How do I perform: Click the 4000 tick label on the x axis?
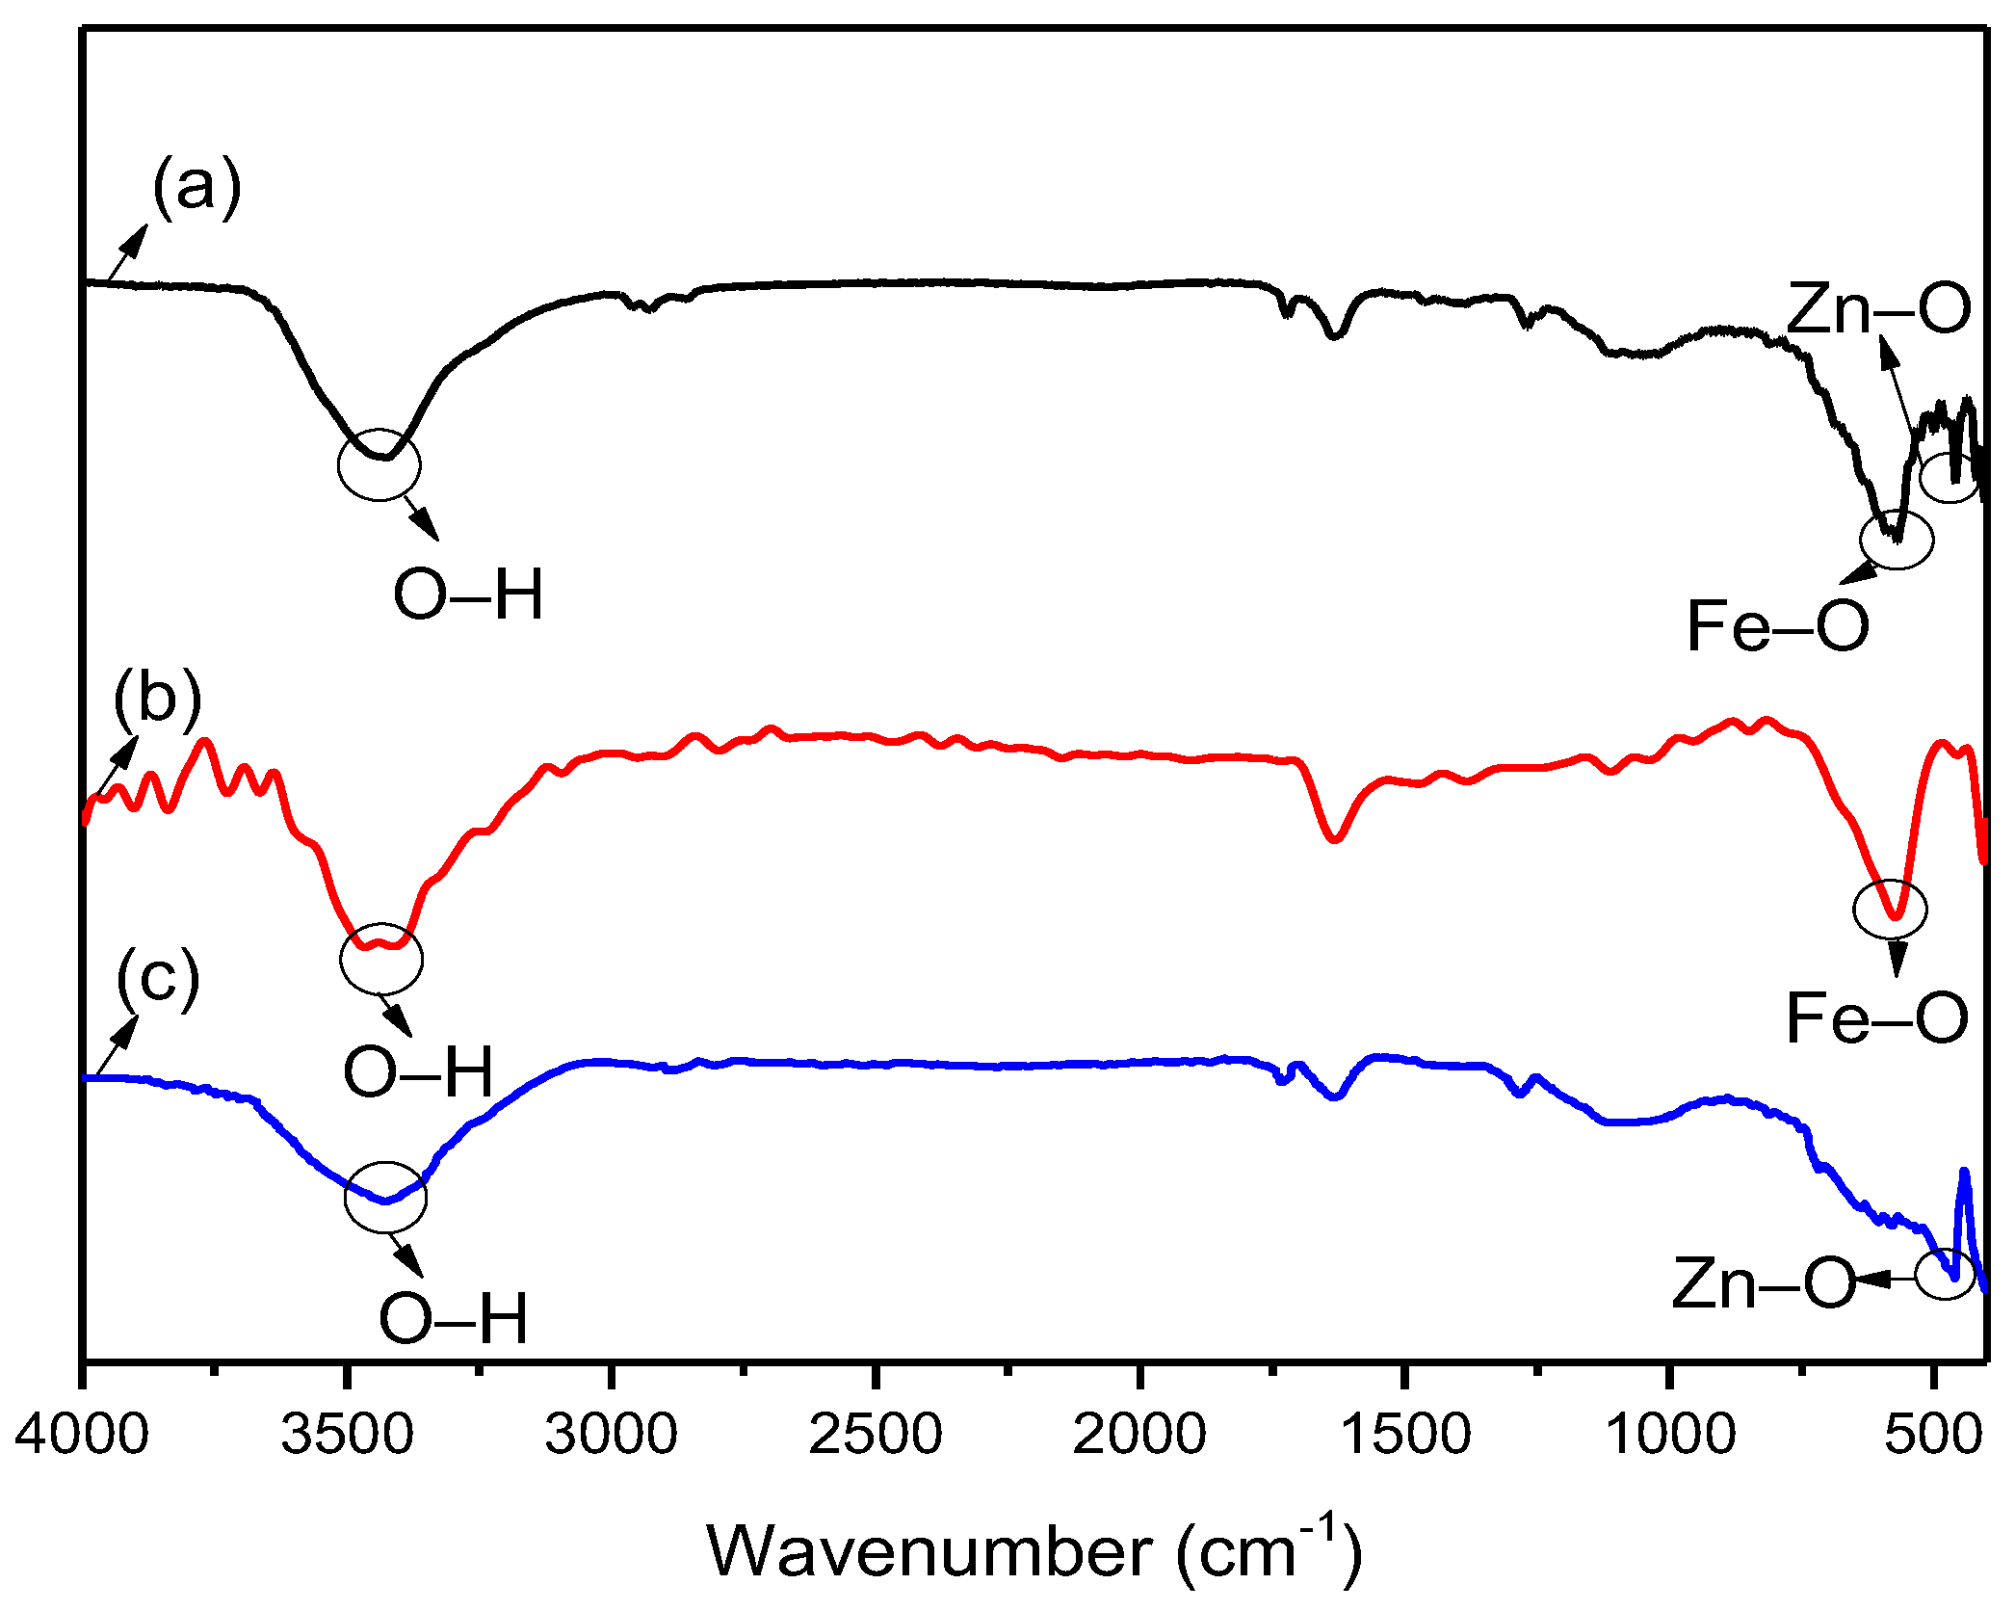click(x=82, y=1435)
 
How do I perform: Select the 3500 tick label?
click(x=347, y=1435)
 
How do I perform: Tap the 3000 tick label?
click(x=611, y=1435)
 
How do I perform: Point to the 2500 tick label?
click(x=875, y=1435)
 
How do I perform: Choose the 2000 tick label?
click(x=1139, y=1435)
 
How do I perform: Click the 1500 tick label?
click(x=1404, y=1435)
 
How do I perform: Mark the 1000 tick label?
click(x=1670, y=1435)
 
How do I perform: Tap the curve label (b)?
click(x=157, y=697)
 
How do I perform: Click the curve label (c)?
click(x=158, y=978)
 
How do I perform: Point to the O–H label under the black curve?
click(x=469, y=594)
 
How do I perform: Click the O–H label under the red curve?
click(x=418, y=1071)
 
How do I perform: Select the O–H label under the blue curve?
click(x=454, y=1318)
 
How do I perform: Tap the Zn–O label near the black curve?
click(x=1878, y=309)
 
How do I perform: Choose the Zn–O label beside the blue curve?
click(x=1764, y=1283)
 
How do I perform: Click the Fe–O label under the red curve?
click(x=1876, y=1017)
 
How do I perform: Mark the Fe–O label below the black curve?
click(x=1778, y=626)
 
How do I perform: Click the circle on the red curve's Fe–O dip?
click(x=1890, y=909)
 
